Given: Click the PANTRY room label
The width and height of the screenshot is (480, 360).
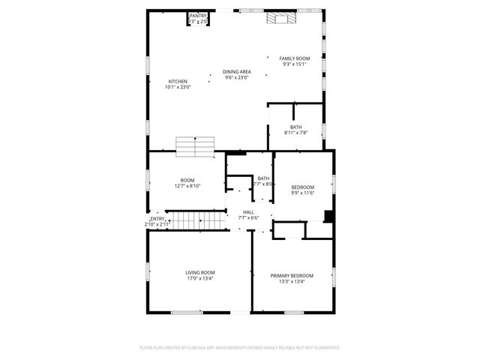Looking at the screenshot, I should click(x=198, y=16).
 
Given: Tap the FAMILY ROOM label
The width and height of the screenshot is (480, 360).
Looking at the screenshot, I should click(x=295, y=58).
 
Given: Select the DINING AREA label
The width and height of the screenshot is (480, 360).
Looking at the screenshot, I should click(x=236, y=72).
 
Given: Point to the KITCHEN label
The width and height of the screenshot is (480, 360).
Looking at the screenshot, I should click(x=178, y=82).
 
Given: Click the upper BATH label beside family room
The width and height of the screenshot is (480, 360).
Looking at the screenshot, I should click(x=296, y=127).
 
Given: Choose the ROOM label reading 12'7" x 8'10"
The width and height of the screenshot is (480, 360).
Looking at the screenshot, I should click(x=187, y=181).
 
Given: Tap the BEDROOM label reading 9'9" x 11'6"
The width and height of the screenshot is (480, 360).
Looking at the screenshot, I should click(x=302, y=187).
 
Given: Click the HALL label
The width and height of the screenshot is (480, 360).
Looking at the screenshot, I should click(x=248, y=212).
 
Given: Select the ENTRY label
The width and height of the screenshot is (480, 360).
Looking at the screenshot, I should click(x=157, y=219).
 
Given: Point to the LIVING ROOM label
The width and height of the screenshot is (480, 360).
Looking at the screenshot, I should click(x=200, y=272).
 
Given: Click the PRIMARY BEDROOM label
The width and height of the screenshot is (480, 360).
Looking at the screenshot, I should click(x=292, y=276).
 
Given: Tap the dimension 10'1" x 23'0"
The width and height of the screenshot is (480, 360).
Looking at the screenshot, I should click(x=178, y=87).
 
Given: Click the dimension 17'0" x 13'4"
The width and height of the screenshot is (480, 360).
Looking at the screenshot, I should click(x=200, y=278).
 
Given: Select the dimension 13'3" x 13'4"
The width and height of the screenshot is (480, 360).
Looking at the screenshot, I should click(x=292, y=282).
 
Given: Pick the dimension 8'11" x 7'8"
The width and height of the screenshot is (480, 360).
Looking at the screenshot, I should click(x=296, y=133).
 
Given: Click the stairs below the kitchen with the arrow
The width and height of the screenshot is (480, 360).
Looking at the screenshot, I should click(x=196, y=147).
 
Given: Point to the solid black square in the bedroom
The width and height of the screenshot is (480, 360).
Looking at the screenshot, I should click(x=328, y=217).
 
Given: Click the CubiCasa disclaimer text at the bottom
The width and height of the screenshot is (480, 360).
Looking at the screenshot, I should click(x=240, y=348).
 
